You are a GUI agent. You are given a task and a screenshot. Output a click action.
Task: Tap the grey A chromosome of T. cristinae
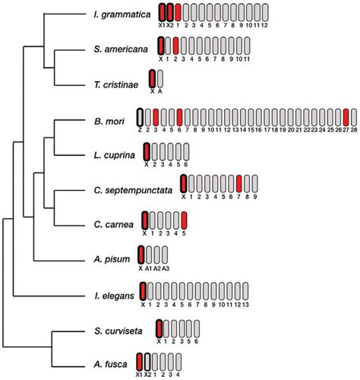coord(160,78)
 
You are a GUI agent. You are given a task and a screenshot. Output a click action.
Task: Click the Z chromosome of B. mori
coord(140,116)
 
